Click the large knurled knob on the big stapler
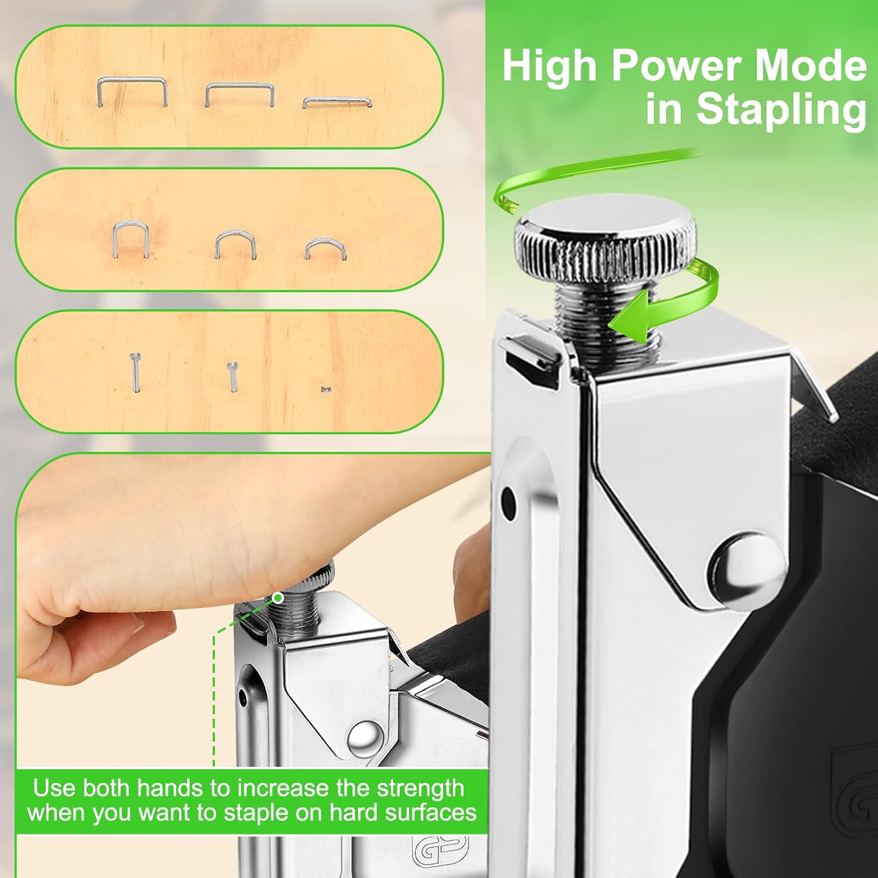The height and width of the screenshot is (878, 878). pos(606,246)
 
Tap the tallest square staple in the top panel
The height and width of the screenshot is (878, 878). pos(132,92)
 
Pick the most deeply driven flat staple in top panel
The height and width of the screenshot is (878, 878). pos(337,102)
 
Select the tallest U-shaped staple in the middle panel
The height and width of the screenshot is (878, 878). pos(129,238)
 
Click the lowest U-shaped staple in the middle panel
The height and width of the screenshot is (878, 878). pos(325,249)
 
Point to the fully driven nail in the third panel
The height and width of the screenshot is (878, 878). pos(326,387)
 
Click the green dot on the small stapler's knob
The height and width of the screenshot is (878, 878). pos(279,598)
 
